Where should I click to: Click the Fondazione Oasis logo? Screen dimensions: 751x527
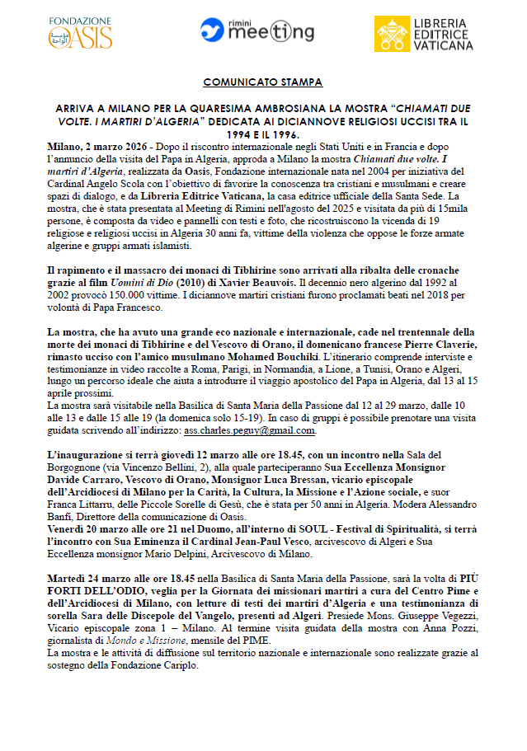[81, 32]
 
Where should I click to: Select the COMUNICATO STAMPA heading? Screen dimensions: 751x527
[263, 83]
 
